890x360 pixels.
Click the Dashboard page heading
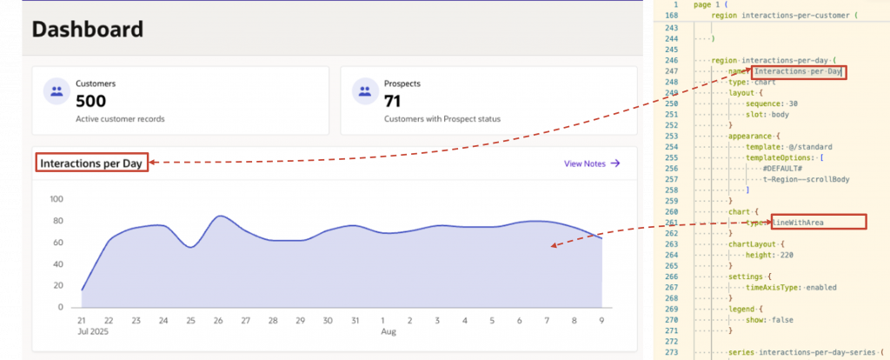[88, 29]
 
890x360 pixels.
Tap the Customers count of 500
[90, 102]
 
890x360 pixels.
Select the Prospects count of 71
[392, 102]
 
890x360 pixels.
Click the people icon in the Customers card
[56, 91]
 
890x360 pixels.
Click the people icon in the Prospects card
[365, 91]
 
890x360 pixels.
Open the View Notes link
[592, 163]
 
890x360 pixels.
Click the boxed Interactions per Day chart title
[90, 163]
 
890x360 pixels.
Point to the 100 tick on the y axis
[56, 199]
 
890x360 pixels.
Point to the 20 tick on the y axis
[59, 285]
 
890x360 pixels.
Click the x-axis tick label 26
[218, 321]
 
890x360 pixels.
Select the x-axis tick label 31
[355, 321]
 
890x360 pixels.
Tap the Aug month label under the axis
[389, 331]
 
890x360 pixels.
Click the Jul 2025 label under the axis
[92, 331]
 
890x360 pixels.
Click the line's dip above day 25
[191, 247]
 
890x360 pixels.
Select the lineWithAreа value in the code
[798, 223]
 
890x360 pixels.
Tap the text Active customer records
[120, 119]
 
